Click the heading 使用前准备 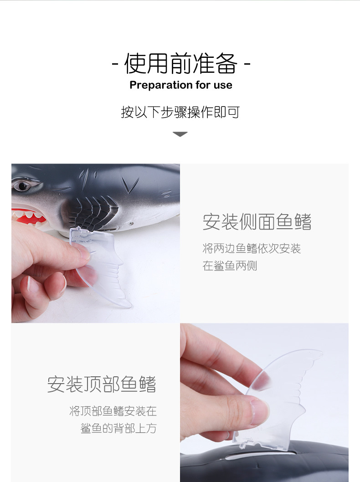point(181,63)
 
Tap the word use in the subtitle point(224,85)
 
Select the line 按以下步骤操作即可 point(180,112)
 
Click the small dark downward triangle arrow point(180,134)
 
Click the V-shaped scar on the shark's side point(130,185)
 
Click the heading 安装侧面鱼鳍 point(257,222)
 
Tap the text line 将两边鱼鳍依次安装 point(252,249)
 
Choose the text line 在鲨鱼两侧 point(230,266)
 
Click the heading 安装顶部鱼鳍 point(102,384)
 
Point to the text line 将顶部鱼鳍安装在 point(113,411)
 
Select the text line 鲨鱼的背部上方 point(118,428)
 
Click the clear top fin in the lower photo point(287,392)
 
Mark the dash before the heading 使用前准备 point(115,64)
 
